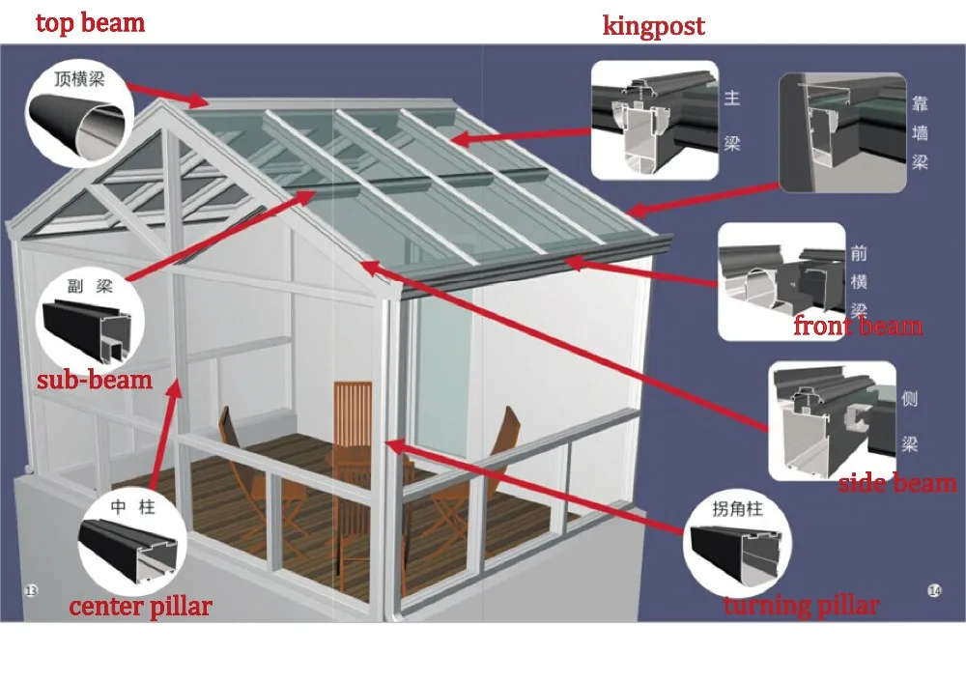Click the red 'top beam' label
pos(90,22)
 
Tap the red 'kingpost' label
pos(653,25)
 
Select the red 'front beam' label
pos(858,326)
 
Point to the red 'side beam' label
pos(896,482)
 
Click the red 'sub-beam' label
pos(95,379)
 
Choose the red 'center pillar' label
pos(140,607)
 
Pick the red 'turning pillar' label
pos(801,606)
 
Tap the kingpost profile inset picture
pos(654,121)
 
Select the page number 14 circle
pos(934,590)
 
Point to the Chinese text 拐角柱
pos(738,509)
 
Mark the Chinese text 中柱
pos(133,506)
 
